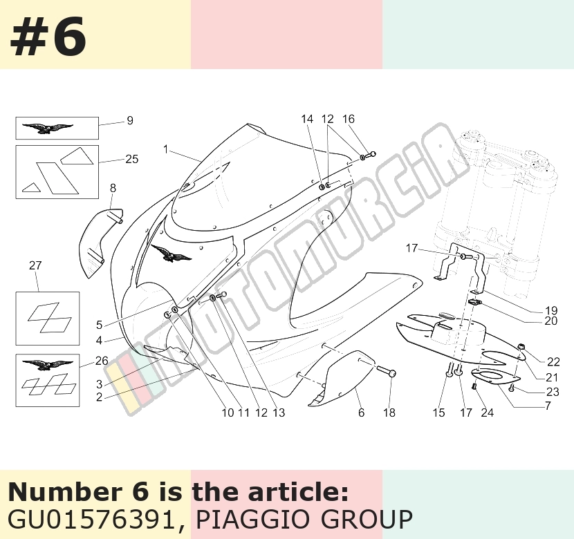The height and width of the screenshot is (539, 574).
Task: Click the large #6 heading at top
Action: click(48, 37)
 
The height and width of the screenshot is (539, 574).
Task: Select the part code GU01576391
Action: click(91, 519)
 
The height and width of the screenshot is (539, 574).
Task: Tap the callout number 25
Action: click(132, 159)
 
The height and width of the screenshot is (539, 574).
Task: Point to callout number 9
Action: click(130, 120)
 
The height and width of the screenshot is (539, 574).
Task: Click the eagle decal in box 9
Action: click(48, 128)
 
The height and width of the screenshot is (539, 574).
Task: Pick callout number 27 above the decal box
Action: click(35, 265)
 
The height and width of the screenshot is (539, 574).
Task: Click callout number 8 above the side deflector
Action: click(113, 188)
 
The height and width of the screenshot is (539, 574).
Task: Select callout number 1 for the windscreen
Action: click(166, 149)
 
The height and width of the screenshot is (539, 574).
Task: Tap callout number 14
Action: click(307, 119)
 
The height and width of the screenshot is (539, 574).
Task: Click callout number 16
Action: click(349, 119)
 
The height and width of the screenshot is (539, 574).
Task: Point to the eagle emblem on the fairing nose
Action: click(171, 253)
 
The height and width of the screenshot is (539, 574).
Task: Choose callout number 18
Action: click(389, 413)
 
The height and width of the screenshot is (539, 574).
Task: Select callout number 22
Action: click(553, 361)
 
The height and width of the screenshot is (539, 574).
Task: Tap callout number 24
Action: click(488, 413)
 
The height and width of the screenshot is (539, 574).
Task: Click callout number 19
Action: click(551, 310)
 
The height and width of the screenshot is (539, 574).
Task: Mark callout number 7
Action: click(548, 406)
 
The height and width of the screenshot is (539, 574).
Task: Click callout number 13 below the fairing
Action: click(279, 413)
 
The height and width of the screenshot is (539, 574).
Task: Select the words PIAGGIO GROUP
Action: click(304, 519)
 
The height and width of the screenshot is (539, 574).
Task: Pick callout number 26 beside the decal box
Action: click(102, 361)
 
